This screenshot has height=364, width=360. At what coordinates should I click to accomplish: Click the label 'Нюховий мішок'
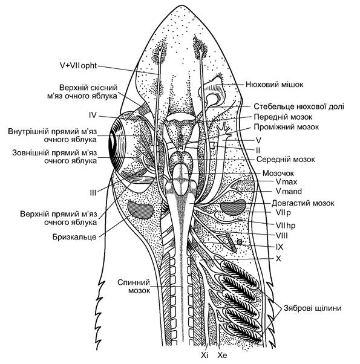click(x=274, y=84)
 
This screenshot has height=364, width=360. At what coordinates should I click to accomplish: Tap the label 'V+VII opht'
click(x=78, y=66)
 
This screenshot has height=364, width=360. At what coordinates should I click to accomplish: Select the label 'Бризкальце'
click(x=74, y=236)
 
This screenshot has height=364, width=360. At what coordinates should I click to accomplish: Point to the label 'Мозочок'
click(x=278, y=173)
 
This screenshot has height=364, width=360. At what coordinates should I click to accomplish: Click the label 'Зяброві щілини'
click(x=312, y=308)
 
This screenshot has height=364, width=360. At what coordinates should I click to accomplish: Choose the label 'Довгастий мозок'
click(x=303, y=203)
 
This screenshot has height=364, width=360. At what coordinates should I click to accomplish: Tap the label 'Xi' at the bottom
click(x=205, y=355)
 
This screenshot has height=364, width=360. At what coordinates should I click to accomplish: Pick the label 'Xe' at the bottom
click(x=222, y=355)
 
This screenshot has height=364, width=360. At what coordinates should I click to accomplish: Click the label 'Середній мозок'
click(x=286, y=160)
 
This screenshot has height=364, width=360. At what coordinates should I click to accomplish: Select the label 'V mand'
click(x=289, y=191)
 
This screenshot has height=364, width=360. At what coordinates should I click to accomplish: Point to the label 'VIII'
click(x=281, y=236)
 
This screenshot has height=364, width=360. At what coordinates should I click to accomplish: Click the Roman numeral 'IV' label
click(x=93, y=115)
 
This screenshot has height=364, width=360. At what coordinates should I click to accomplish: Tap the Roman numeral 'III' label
click(x=93, y=193)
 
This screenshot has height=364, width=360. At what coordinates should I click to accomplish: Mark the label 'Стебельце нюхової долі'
click(x=299, y=106)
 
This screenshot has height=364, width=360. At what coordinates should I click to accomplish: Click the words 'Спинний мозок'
click(x=134, y=286)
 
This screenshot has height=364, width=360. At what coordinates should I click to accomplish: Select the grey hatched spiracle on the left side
click(x=140, y=210)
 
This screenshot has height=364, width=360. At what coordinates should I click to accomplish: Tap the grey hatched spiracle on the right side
click(x=233, y=207)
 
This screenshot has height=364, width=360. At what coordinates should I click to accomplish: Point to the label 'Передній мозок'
click(x=283, y=117)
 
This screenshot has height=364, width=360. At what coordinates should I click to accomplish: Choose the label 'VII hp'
click(x=286, y=225)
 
